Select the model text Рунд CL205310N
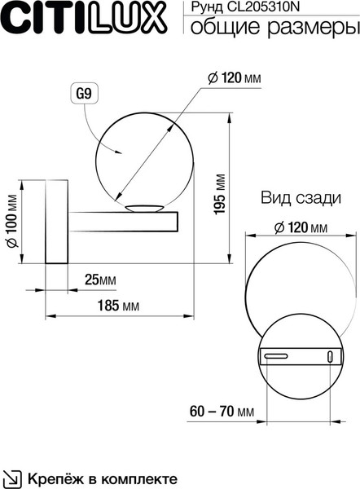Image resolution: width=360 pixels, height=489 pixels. (x=240, y=9)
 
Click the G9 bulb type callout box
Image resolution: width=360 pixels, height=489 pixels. (x=83, y=95)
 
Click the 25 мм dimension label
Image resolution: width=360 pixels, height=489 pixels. (x=101, y=280)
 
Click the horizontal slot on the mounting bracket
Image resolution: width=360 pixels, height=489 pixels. (x=274, y=356)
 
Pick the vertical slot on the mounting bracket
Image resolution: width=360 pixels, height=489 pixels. (x=329, y=356)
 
